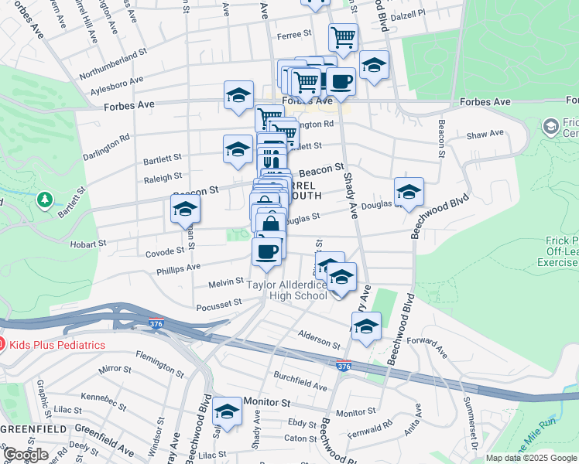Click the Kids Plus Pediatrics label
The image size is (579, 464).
coord(57,344)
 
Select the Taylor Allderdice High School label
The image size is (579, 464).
coord(287,290)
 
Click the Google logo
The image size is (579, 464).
coord(26,455)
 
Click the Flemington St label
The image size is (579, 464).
coord(159,363)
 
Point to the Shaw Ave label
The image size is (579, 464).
coord(485,135)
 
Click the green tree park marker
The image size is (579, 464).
coord(45,201)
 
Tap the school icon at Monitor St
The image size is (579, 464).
coord(228,411)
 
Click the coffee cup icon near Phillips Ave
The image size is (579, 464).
coord(267,252)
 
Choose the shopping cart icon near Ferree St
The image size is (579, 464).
coord(342,36)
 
